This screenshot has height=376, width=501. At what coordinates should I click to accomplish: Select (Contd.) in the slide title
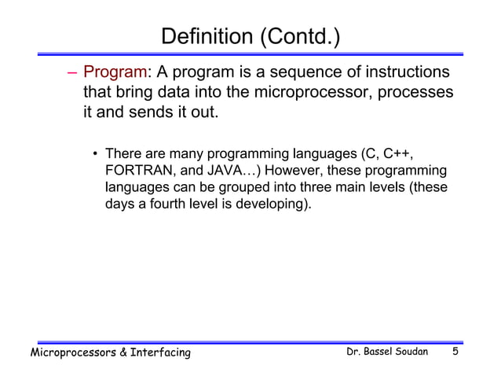coord(298,37)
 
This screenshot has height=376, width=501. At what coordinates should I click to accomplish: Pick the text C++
coord(397,153)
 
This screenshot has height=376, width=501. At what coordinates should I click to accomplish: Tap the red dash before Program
coord(72,74)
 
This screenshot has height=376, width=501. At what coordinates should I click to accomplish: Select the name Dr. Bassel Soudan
coord(387,352)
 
